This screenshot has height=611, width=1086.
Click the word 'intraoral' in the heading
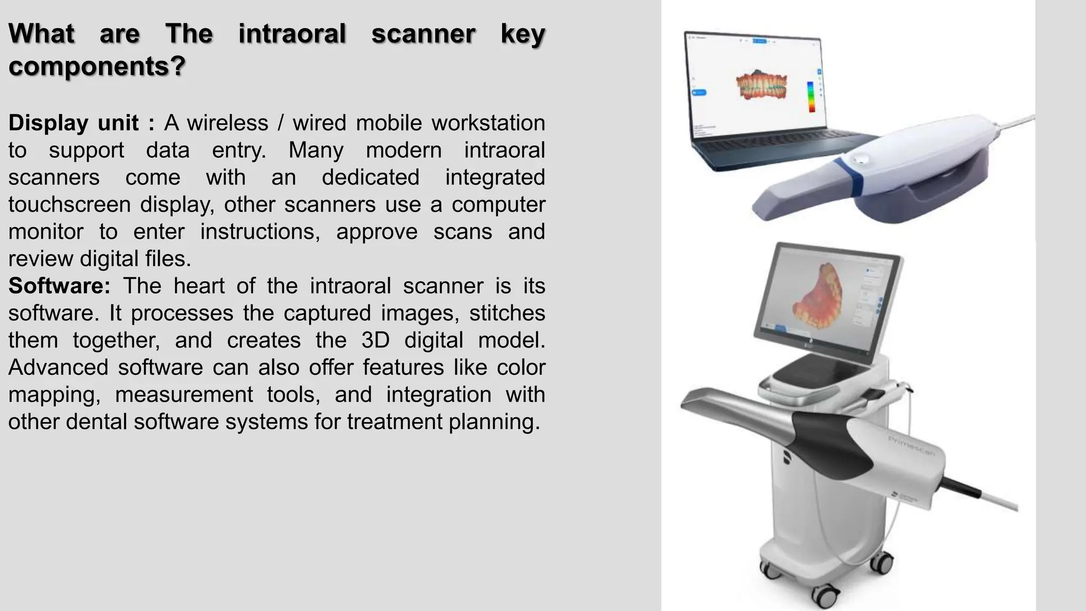tap(292, 33)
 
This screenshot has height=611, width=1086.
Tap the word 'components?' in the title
tap(97, 66)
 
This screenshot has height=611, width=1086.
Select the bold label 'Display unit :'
tap(82, 123)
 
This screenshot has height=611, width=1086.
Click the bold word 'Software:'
tap(59, 286)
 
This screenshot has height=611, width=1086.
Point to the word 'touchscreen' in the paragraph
tap(69, 205)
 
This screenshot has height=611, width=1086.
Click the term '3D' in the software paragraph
tap(375, 340)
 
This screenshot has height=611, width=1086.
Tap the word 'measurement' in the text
tap(184, 395)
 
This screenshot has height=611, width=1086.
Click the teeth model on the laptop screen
tap(761, 86)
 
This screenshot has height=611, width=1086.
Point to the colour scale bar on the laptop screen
tap(811, 97)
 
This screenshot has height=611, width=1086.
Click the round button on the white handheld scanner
tap(860, 159)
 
